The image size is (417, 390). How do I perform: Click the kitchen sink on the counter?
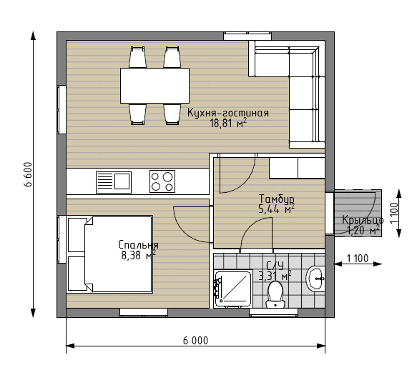114,182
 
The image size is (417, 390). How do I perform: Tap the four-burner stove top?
162,181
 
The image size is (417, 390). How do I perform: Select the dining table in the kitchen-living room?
154,86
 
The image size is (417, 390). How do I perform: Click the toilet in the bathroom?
275,295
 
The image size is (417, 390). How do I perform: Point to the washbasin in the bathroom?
315,279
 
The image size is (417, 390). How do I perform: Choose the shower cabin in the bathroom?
233,289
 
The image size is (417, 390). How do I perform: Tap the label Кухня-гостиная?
228,113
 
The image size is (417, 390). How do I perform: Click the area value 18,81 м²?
228,123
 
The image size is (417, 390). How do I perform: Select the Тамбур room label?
277,199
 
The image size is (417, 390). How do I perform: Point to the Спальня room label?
138,245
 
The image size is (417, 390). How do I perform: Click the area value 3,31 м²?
275,276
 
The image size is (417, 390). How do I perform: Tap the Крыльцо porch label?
363,220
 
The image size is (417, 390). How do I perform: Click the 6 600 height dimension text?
28,174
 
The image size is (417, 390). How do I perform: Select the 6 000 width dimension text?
196,341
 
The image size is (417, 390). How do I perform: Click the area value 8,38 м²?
138,255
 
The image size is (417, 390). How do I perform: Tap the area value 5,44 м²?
277,209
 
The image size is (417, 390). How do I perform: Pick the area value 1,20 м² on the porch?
363,230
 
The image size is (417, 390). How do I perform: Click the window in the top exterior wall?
247,36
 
